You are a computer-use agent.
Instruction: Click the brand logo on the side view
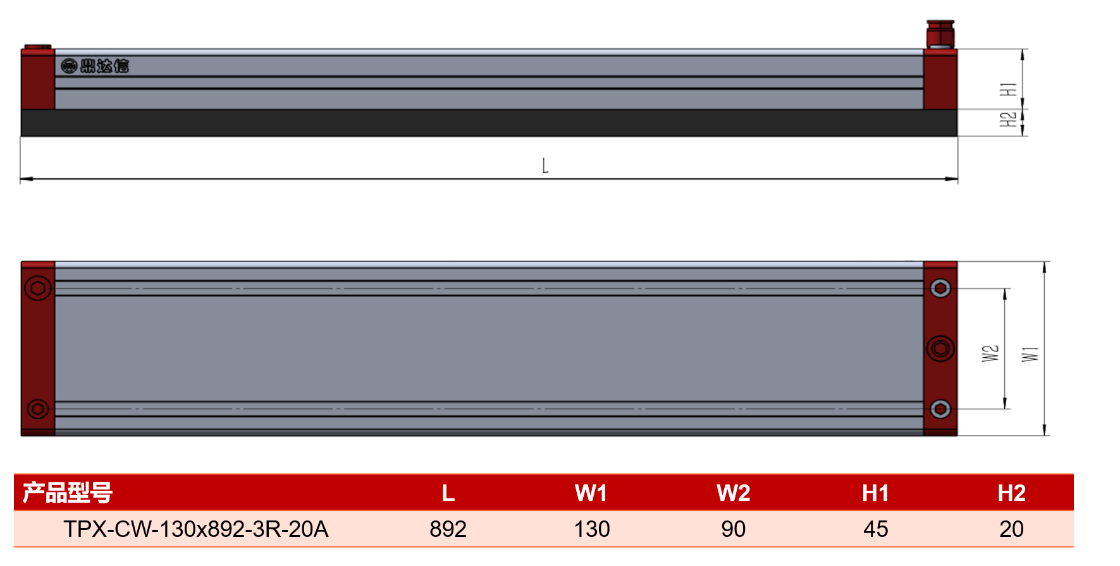click(x=95, y=66)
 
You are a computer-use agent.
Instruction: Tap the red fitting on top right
click(x=940, y=34)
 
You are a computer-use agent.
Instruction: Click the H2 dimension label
click(x=1009, y=119)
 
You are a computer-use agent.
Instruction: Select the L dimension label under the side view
click(x=545, y=166)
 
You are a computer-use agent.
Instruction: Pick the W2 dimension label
click(x=990, y=353)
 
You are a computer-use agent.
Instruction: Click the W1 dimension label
click(x=1030, y=354)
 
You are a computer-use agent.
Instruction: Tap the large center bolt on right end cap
click(x=940, y=348)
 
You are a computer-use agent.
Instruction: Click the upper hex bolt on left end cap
click(x=37, y=288)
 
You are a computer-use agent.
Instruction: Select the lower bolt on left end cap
click(x=37, y=409)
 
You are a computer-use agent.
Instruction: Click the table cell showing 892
click(x=448, y=529)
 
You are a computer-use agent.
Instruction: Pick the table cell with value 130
click(x=592, y=529)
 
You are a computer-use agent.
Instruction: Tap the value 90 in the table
click(x=734, y=529)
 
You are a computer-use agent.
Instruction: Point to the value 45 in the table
click(x=876, y=529)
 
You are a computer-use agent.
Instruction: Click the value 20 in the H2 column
click(x=1012, y=529)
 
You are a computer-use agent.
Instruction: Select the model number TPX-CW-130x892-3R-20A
click(x=196, y=529)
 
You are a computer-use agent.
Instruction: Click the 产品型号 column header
click(x=68, y=493)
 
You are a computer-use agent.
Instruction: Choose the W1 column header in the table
click(x=591, y=493)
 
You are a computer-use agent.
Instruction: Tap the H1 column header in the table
click(x=876, y=493)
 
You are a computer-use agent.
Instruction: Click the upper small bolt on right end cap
click(x=940, y=288)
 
